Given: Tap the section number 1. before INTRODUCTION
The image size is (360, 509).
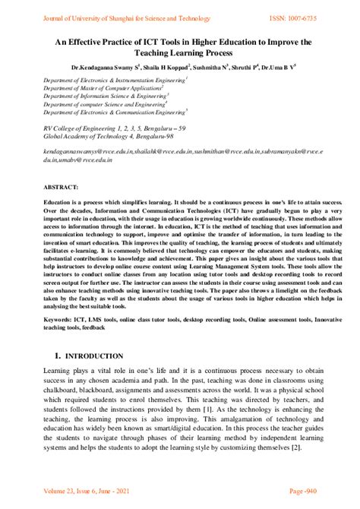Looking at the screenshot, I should coord(58,356).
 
